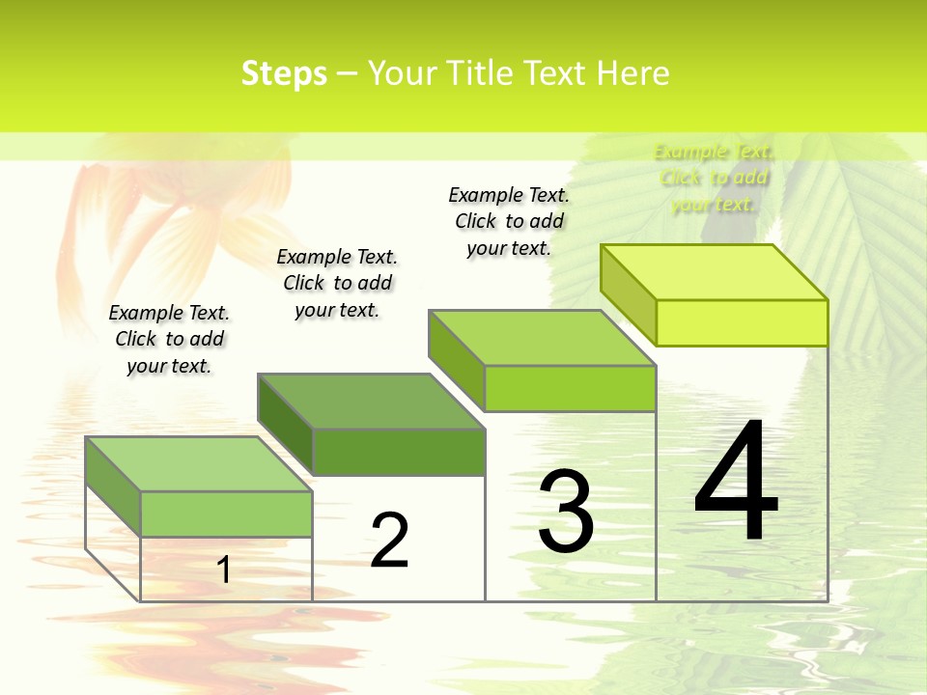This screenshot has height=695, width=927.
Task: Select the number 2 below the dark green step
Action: tap(389, 540)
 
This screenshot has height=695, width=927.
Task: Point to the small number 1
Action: tap(224, 570)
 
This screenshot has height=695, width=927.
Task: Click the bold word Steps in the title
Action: tap(284, 73)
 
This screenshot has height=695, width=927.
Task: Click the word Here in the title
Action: tap(632, 73)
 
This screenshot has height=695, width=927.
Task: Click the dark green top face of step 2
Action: tap(371, 401)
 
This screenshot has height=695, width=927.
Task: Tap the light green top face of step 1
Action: tap(199, 463)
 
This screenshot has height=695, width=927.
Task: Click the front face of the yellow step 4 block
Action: tap(742, 322)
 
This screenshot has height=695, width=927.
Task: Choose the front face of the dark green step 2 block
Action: tap(399, 452)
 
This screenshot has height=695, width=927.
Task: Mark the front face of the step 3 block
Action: tap(570, 388)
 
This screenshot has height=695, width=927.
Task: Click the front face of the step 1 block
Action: tap(226, 514)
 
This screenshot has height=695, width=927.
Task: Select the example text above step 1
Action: tap(169, 339)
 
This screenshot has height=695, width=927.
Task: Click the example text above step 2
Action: tap(337, 283)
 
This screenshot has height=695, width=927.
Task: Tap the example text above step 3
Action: tap(509, 221)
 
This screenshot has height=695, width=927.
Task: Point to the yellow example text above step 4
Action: tap(714, 178)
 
